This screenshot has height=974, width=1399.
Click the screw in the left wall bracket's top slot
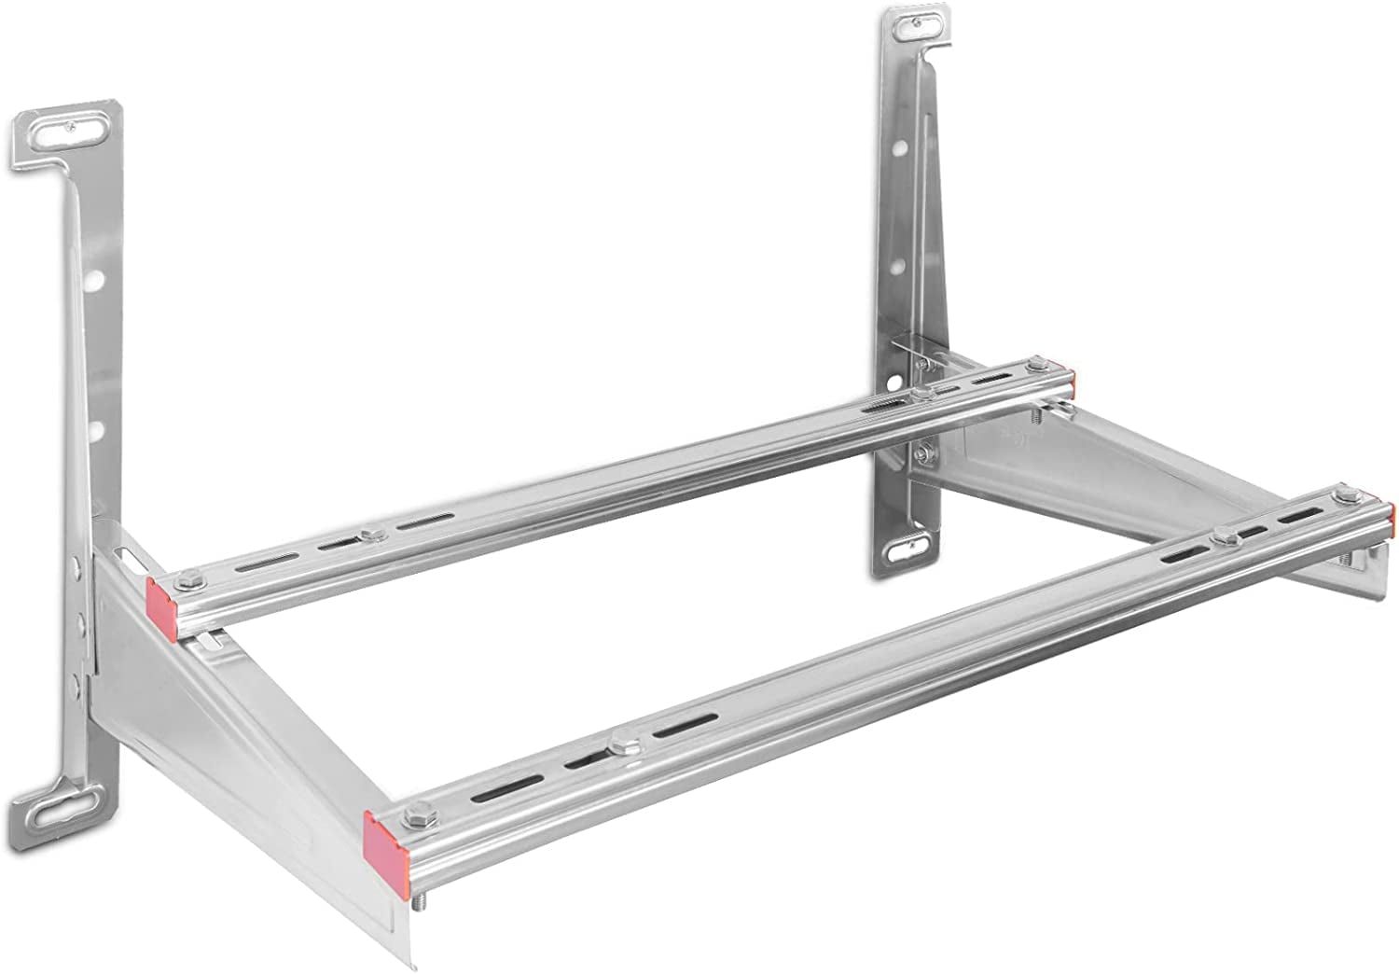71,132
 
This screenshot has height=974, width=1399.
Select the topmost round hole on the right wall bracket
902,149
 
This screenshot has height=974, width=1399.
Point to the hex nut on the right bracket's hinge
922,454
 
